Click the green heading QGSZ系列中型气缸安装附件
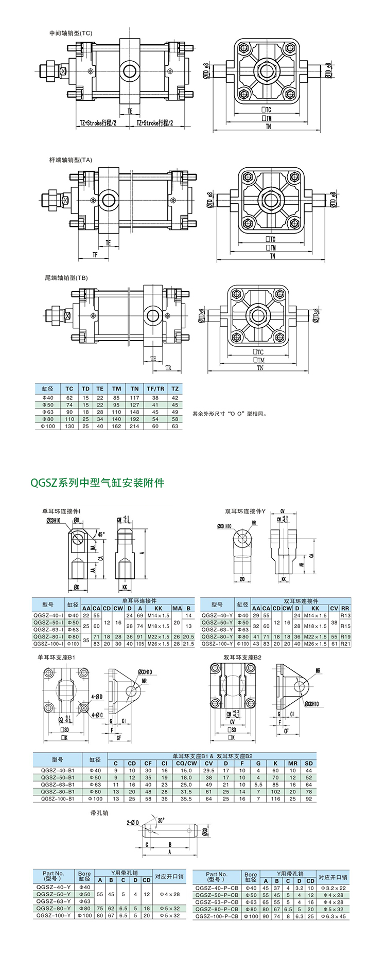click(x=97, y=483)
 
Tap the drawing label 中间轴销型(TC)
click(x=71, y=33)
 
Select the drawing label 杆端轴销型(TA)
click(x=71, y=160)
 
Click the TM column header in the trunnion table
click(x=117, y=388)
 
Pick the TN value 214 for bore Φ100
click(x=134, y=426)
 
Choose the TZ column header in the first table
click(x=175, y=388)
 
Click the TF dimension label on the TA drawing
click(x=95, y=255)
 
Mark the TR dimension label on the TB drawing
click(x=168, y=368)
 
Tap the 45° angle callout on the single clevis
click(x=101, y=534)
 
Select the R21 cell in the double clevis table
click(x=345, y=644)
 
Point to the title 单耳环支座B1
click(x=57, y=658)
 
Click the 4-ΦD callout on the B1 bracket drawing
click(x=97, y=697)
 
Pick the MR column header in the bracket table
click(x=292, y=763)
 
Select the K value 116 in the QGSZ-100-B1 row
click(x=275, y=799)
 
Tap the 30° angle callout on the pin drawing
click(x=161, y=821)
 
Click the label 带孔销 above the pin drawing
click(x=99, y=813)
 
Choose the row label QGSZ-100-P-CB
click(x=216, y=916)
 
